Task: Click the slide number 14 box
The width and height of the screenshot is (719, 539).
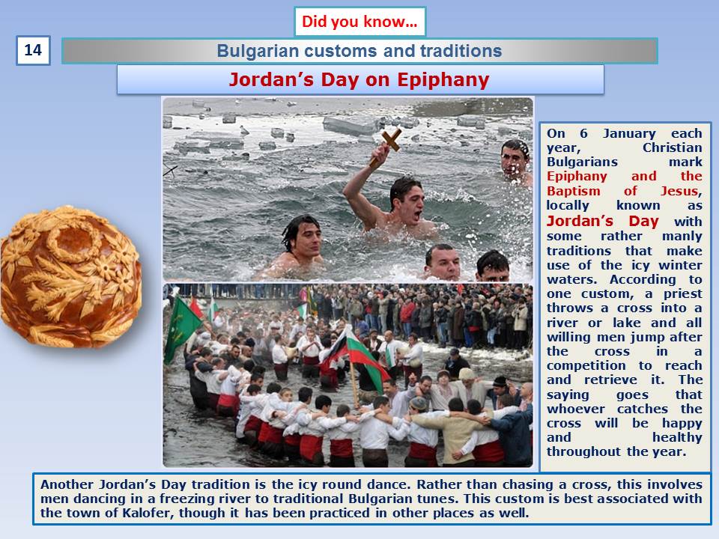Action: coord(33,50)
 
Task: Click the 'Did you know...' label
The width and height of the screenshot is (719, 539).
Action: coord(360,22)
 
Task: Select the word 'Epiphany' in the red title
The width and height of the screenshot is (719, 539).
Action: coord(443,80)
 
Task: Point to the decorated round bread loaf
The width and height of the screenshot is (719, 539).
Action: coord(70,277)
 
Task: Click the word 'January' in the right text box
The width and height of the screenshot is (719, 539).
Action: coord(629,133)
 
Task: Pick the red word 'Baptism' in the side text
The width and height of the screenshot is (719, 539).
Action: coord(573,191)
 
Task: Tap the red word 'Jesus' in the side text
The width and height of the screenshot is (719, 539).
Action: coord(681,191)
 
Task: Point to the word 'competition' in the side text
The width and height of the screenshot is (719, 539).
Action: coord(586,366)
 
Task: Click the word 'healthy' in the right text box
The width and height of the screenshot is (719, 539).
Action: coord(677,437)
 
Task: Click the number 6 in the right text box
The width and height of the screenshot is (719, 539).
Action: coord(583,133)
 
